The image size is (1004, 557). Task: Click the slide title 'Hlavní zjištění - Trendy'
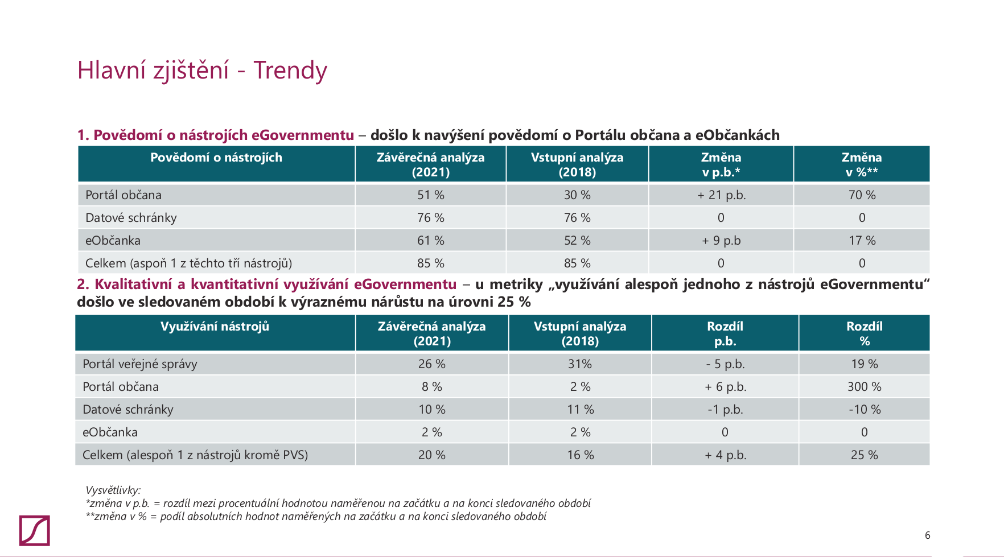(x=202, y=71)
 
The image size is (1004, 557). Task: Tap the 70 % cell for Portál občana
(x=862, y=195)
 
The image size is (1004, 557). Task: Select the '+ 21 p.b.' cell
(x=721, y=195)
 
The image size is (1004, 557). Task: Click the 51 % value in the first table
(x=430, y=195)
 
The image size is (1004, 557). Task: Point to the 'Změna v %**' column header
(x=862, y=164)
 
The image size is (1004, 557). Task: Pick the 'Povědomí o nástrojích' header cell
(x=216, y=158)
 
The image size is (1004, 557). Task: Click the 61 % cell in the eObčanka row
(x=430, y=241)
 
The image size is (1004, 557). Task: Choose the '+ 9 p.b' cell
(x=721, y=241)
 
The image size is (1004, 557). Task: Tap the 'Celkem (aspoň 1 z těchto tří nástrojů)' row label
(x=188, y=263)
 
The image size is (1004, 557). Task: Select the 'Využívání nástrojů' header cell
(x=215, y=327)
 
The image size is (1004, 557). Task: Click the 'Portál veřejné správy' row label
(x=140, y=364)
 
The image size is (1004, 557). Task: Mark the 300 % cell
(x=864, y=387)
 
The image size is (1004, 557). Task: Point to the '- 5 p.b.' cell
(x=725, y=364)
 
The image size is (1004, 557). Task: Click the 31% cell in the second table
(x=580, y=364)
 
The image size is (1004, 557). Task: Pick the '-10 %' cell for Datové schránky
(x=864, y=410)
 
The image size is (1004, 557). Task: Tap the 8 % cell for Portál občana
(x=431, y=387)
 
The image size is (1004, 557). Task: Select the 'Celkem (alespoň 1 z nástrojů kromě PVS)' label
(x=195, y=455)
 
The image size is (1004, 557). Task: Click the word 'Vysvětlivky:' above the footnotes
(x=113, y=490)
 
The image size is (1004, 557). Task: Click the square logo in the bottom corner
(x=34, y=530)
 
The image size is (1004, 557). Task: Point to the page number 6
(x=927, y=535)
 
